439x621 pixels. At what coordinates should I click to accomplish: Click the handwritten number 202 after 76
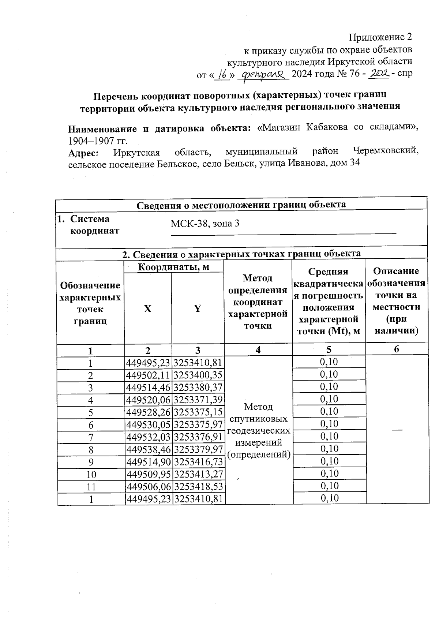point(379,74)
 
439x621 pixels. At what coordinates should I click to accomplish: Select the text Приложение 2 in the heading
point(380,37)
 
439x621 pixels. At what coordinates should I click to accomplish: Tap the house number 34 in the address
point(354,163)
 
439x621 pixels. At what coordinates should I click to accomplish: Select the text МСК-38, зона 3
point(205,224)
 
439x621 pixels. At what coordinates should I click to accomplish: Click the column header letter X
point(147,309)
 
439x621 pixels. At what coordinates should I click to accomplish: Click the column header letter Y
point(198,309)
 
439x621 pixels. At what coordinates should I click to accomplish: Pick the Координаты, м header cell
point(173,267)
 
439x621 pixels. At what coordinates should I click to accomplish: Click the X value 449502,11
point(148,375)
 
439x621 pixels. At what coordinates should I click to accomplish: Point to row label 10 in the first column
point(91,475)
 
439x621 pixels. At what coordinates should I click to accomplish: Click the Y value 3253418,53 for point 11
point(198,487)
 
